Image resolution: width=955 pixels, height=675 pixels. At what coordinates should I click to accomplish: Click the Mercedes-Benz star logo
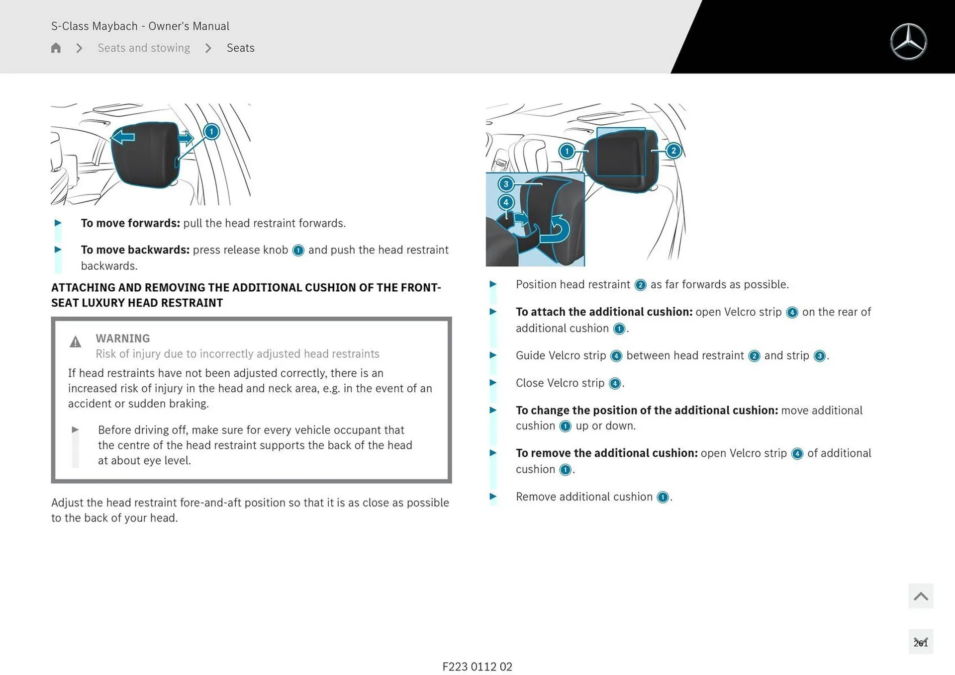908,42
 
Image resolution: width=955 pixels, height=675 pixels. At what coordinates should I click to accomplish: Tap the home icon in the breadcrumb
56,48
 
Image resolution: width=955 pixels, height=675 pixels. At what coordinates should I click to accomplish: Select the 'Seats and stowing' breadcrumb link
144,48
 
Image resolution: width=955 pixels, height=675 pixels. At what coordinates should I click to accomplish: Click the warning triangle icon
76,342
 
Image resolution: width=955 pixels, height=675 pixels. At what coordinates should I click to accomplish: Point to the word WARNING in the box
123,338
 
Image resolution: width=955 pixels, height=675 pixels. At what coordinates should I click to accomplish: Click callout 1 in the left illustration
211,132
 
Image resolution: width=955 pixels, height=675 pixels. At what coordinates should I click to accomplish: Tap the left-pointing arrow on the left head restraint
123,137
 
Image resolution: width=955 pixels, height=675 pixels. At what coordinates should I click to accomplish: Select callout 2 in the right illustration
673,151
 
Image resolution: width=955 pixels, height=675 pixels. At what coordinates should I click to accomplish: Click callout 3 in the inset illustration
506,184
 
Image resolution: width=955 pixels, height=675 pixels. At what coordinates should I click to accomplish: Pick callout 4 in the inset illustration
506,202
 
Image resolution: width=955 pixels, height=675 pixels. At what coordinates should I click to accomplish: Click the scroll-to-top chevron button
920,596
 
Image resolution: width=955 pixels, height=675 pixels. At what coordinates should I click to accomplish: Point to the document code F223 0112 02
477,667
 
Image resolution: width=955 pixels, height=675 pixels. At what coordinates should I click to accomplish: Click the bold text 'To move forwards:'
130,223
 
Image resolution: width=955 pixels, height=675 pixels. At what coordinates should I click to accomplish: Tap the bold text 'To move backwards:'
135,250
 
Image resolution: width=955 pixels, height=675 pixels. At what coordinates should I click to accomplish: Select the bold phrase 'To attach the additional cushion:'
604,312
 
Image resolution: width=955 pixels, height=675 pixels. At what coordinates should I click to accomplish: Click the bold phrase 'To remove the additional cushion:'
607,453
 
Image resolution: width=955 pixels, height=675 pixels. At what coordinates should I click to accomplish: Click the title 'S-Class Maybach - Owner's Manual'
140,26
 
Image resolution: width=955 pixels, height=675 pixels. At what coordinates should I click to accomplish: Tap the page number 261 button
920,642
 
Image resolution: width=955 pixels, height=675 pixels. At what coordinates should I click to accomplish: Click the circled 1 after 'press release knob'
298,251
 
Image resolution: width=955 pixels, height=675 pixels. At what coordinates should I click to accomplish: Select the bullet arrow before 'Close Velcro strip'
493,383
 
